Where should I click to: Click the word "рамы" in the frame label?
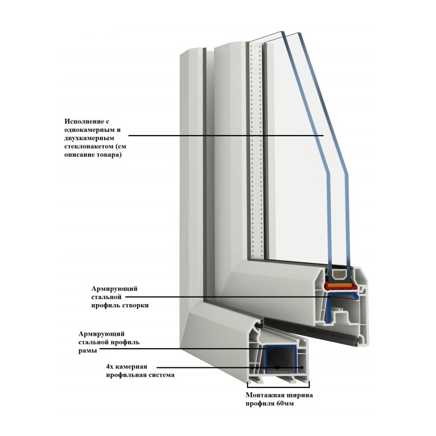click(x=89, y=351)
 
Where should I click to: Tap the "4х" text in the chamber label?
click(x=111, y=367)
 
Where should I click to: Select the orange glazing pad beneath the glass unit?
click(x=341, y=280)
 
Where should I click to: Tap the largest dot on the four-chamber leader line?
click(x=277, y=368)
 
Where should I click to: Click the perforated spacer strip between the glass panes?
click(x=255, y=147)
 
